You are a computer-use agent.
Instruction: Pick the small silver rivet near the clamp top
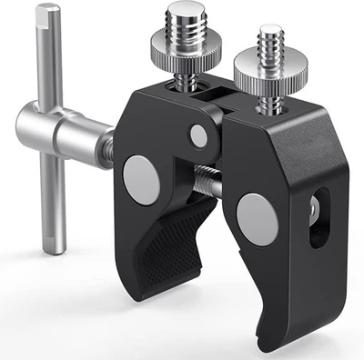tap(197, 136)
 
